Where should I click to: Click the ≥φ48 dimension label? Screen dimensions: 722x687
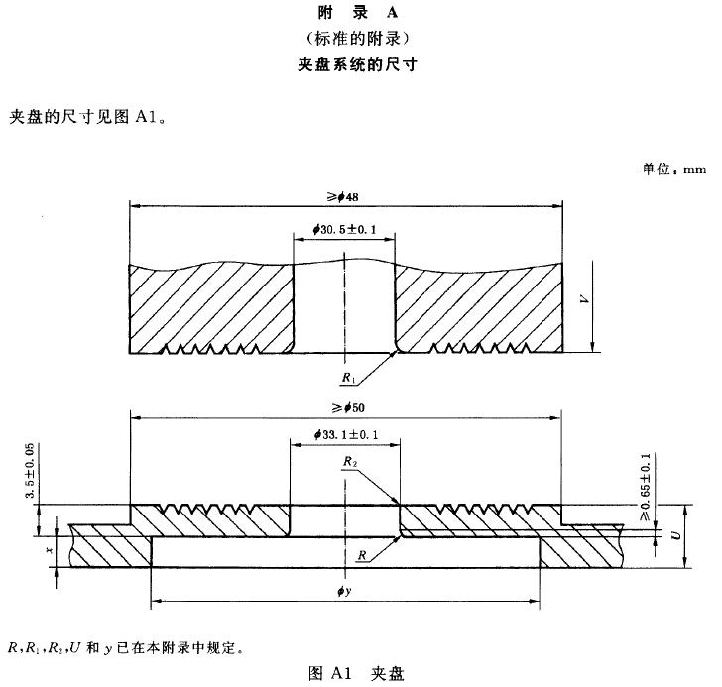pos(342,197)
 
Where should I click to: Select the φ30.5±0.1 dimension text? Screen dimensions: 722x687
pos(344,229)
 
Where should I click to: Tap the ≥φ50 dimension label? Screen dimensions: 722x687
pos(348,407)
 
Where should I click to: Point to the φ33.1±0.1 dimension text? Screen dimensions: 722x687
pos(346,434)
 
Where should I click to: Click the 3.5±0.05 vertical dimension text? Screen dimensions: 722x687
pos(31,470)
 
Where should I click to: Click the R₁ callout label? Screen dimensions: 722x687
pos(348,378)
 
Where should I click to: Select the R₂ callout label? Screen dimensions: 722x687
pos(350,461)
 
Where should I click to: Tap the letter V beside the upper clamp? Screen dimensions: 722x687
pos(584,299)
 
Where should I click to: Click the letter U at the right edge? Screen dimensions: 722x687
pos(676,535)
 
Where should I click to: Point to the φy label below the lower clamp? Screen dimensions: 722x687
pos(344,591)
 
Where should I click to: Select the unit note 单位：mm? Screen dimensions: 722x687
pos(673,170)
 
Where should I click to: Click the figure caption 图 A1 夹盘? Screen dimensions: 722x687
pos(356,674)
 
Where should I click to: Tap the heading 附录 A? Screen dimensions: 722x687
pos(357,13)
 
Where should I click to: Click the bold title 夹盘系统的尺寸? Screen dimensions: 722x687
pos(357,64)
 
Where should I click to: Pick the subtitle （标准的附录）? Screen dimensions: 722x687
pos(357,39)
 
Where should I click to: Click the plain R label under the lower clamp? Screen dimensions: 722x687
pos(362,555)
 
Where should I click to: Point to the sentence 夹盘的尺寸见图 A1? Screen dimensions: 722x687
pos(87,117)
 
